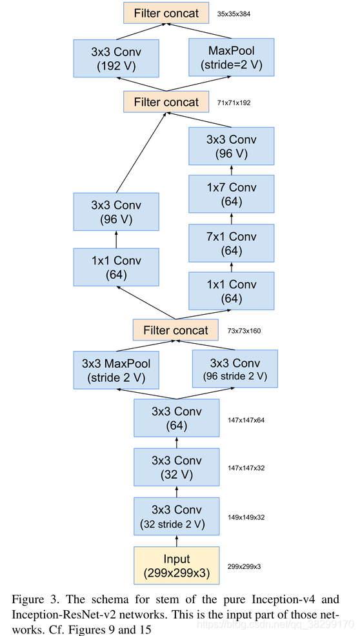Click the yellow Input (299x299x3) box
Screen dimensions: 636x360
[x=176, y=566]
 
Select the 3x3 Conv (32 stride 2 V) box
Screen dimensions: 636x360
[x=176, y=517]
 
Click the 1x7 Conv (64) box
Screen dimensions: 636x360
[x=232, y=194]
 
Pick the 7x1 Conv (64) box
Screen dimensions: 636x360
[x=232, y=243]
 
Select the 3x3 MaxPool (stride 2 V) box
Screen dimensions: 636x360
[x=116, y=370]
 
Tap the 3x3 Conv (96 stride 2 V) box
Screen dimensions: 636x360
[x=235, y=369]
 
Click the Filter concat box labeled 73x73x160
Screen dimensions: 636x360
[x=175, y=330]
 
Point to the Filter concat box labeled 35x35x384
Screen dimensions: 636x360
[x=166, y=13]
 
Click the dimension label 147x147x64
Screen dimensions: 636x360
[x=246, y=420]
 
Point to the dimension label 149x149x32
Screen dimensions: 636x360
[x=246, y=517]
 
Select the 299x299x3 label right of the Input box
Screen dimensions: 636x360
[x=244, y=566]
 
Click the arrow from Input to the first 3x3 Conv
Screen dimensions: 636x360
[x=176, y=541]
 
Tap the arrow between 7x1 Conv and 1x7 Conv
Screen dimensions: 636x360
[x=232, y=219]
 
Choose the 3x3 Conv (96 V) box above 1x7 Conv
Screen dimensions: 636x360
[x=232, y=146]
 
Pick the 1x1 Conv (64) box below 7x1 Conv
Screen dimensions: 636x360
[x=232, y=291]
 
